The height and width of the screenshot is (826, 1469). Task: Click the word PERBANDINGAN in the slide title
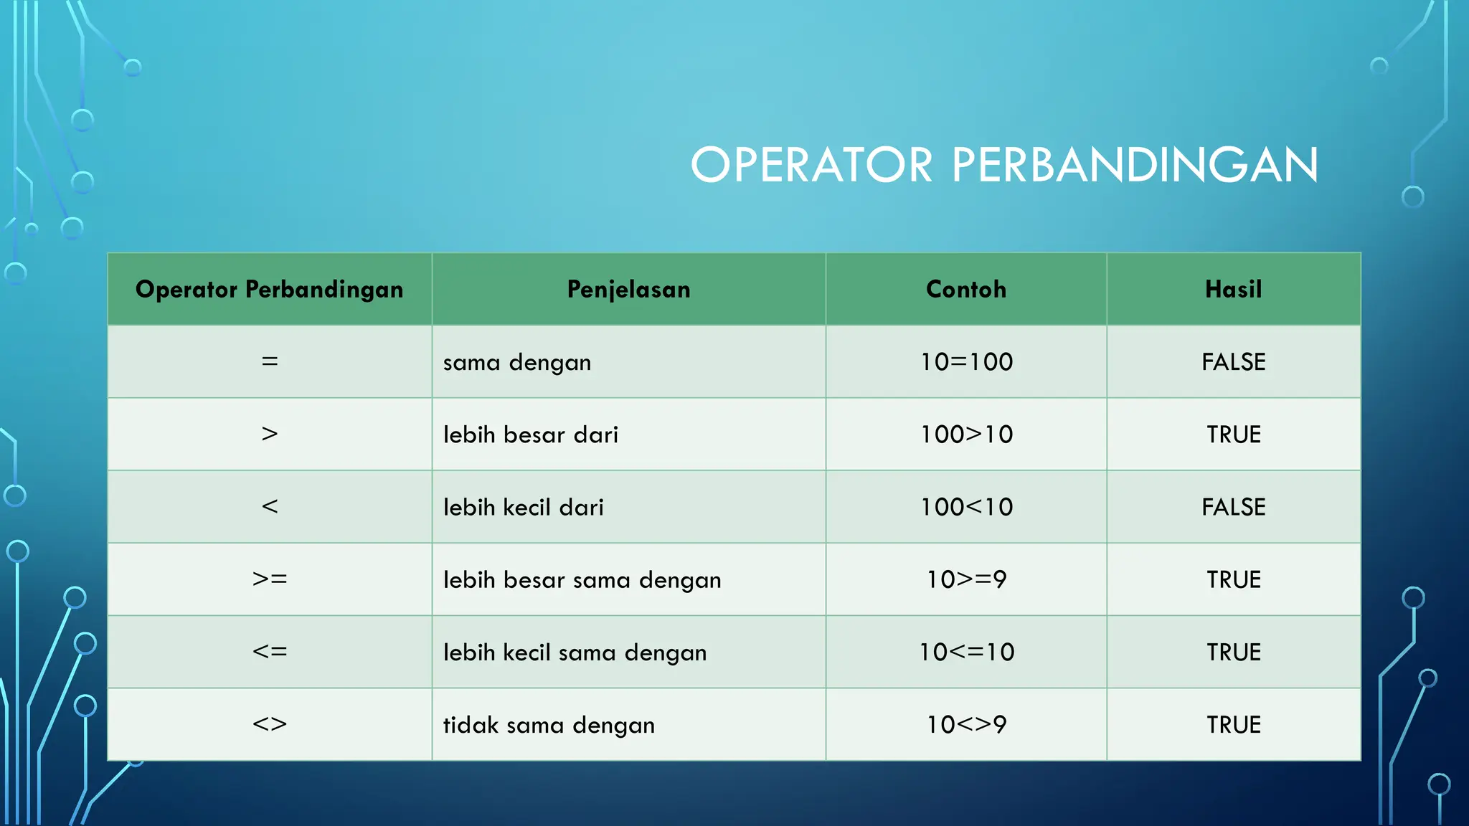[x=1135, y=165]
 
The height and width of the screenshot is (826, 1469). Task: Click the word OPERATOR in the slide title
[x=811, y=165]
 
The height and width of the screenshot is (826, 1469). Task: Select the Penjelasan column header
[x=628, y=289]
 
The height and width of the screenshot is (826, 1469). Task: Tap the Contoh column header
[x=966, y=289]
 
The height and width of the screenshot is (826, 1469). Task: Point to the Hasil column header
[x=1233, y=289]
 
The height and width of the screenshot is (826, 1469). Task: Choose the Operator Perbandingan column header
[x=270, y=289]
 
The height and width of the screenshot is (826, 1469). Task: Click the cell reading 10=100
[x=966, y=362]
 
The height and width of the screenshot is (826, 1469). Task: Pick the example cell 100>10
[x=966, y=435]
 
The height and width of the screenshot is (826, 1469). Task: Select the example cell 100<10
[x=966, y=507]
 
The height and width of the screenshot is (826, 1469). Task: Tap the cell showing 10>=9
[x=966, y=579]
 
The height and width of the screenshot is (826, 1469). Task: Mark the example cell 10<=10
[x=966, y=652]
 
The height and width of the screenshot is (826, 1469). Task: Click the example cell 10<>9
[x=966, y=724]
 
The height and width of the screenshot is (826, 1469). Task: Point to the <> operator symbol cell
[x=270, y=724]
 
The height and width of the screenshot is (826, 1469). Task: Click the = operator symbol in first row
[x=270, y=362]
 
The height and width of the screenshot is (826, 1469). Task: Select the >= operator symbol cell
[x=270, y=579]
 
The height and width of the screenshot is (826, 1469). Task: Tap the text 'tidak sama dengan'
[x=549, y=725]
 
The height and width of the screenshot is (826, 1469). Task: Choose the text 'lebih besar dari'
[x=530, y=435]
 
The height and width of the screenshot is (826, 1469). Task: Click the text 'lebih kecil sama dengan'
[x=575, y=652]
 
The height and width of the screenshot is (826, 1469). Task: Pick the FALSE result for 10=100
[x=1233, y=362]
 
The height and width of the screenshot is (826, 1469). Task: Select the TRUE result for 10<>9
[x=1233, y=724]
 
